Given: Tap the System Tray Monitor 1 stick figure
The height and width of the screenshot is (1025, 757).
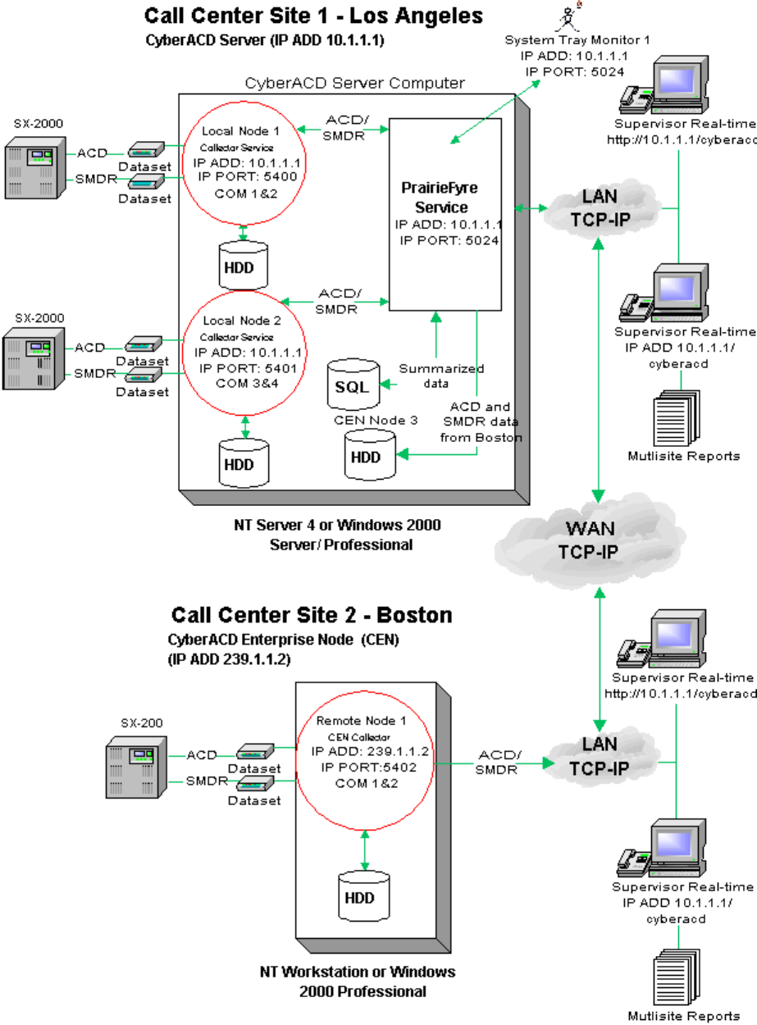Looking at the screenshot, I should point(567,17).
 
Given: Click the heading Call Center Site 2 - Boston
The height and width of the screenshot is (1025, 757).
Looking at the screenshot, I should point(312,615).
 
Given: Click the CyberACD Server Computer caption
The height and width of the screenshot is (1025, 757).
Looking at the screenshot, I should point(355,83).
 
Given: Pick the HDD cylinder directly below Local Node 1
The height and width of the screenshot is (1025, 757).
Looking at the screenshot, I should point(244,263).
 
